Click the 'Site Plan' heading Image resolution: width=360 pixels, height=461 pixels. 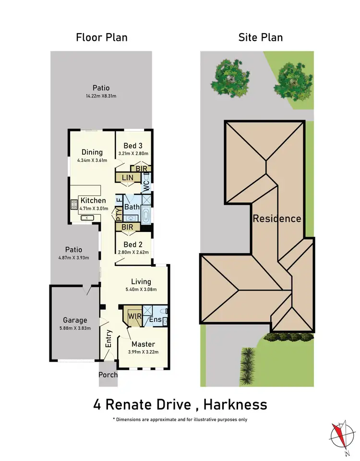click(261, 37)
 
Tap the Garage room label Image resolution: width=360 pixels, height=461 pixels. click(75, 320)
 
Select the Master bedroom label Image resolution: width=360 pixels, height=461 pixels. click(143, 344)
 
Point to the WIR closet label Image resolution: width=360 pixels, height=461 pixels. click(134, 317)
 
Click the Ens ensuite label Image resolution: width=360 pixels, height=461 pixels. click(155, 320)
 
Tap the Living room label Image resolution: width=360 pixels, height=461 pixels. click(141, 282)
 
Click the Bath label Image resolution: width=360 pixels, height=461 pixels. click(132, 207)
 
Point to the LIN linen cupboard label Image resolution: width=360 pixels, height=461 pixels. click(127, 178)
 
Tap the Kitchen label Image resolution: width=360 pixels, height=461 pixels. click(93, 201)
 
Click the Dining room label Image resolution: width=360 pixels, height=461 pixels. click(92, 152)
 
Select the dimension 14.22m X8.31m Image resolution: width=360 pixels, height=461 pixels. click(101, 96)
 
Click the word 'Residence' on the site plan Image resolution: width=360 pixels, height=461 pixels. click(277, 219)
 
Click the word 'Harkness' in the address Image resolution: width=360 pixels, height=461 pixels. click(235, 404)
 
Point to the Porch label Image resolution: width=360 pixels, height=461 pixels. click(108, 375)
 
